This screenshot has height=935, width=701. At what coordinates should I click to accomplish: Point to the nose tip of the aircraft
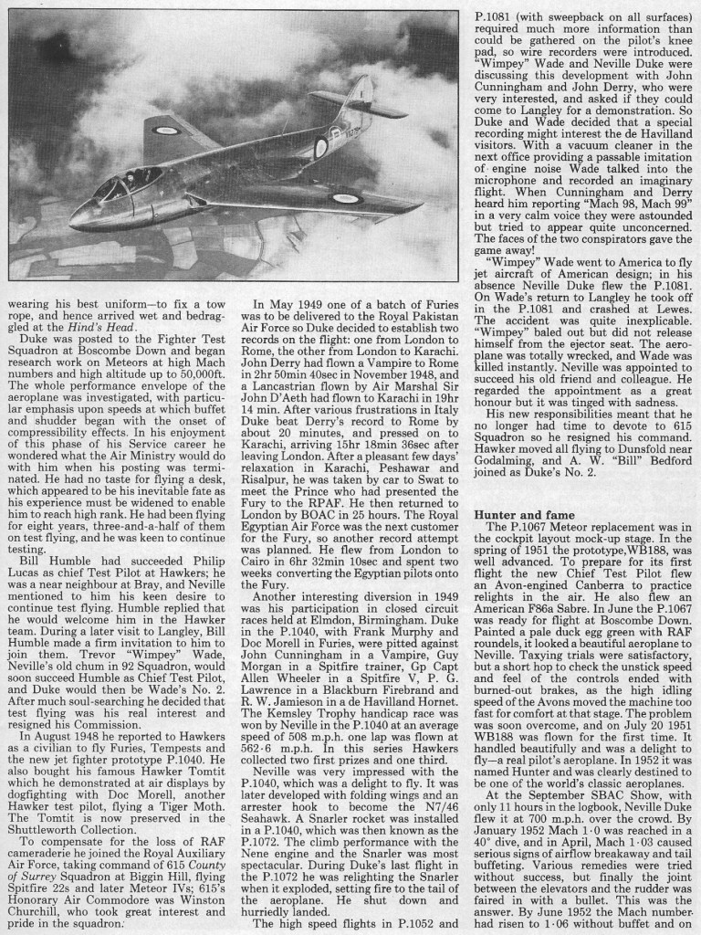[75, 219]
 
